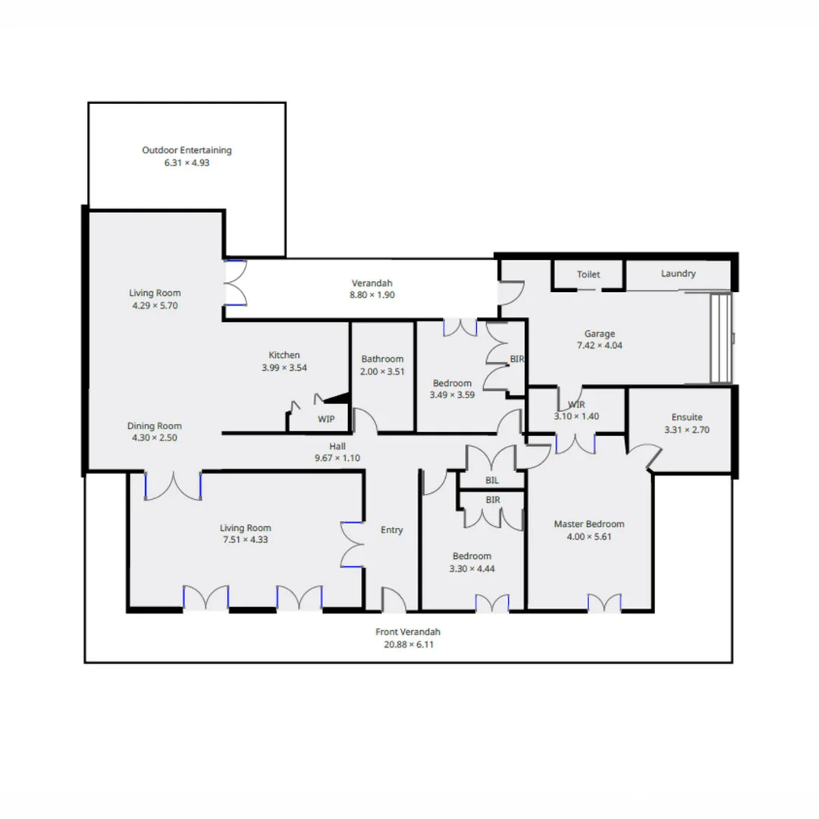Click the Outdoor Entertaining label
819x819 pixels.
pos(187,150)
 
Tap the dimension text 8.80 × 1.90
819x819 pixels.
pos(372,295)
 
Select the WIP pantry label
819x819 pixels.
pos(326,419)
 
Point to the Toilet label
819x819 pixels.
pos(588,274)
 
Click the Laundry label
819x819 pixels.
pos(678,274)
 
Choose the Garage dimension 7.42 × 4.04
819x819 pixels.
pos(599,345)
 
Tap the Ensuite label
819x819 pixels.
pos(687,417)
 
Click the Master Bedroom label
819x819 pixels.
pos(588,524)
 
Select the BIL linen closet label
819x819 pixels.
pos(492,480)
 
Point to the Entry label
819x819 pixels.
pos(391,530)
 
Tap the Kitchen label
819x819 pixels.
pos(284,355)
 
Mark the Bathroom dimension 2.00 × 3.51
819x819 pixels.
pos(382,372)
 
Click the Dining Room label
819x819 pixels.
pos(154,425)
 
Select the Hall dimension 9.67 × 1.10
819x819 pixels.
pos(337,458)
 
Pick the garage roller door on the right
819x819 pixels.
pos(721,338)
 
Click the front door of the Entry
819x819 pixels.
pos(393,601)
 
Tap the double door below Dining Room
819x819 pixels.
pos(173,487)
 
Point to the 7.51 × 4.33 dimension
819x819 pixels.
pos(245,541)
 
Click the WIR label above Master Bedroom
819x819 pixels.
pos(576,404)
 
